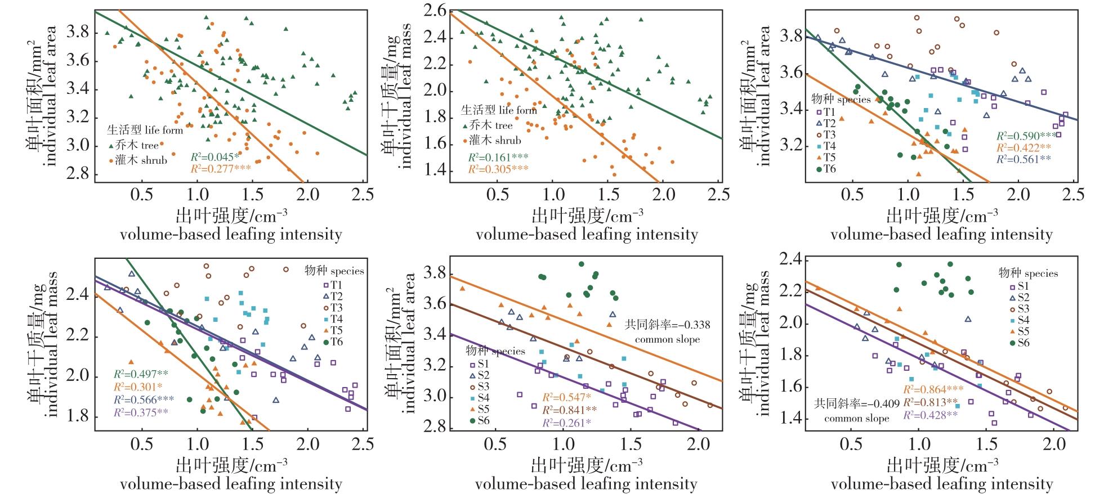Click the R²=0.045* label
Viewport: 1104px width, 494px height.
(x=214, y=156)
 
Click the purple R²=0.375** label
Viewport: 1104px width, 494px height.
(x=140, y=412)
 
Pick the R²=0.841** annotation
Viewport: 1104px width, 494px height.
(x=569, y=410)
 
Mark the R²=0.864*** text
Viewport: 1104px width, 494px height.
(x=933, y=389)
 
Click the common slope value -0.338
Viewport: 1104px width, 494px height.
(x=667, y=325)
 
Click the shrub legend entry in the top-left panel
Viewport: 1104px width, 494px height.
(x=140, y=160)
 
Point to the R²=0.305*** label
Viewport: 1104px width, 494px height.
(x=498, y=168)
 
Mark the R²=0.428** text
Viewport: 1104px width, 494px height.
(x=930, y=415)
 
